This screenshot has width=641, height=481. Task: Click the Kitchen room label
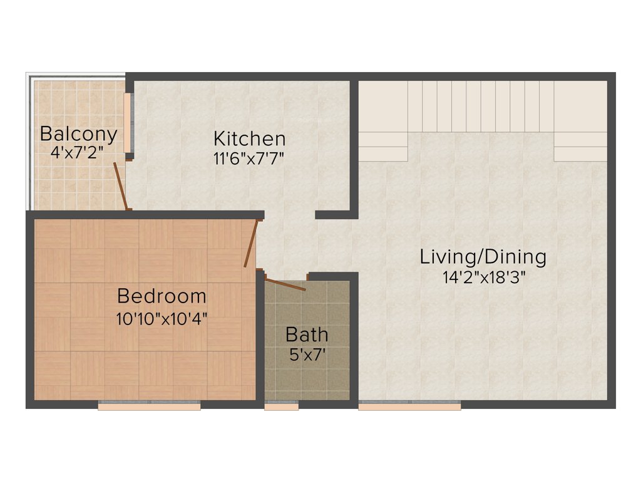click(249, 138)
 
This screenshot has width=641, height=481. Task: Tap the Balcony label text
click(78, 134)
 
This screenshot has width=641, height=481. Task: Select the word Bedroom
click(162, 295)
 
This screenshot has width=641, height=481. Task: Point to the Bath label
click(307, 334)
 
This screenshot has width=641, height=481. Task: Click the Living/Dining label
click(483, 257)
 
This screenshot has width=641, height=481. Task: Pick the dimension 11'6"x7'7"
click(249, 158)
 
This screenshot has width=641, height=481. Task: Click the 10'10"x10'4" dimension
click(162, 318)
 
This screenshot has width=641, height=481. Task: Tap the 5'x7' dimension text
click(307, 354)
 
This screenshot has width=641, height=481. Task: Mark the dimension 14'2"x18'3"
click(483, 277)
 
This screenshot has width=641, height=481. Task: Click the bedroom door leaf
click(250, 243)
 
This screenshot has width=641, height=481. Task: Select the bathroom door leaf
click(285, 285)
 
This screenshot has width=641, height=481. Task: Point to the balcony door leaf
click(121, 186)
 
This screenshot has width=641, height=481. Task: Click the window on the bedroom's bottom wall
click(149, 406)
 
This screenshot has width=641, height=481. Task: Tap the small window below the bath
click(281, 406)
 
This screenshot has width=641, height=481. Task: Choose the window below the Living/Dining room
click(409, 406)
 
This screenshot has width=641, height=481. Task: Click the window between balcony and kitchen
click(128, 123)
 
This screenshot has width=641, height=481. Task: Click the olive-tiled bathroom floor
click(307, 376)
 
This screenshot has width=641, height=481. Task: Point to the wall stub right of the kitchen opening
click(332, 215)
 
